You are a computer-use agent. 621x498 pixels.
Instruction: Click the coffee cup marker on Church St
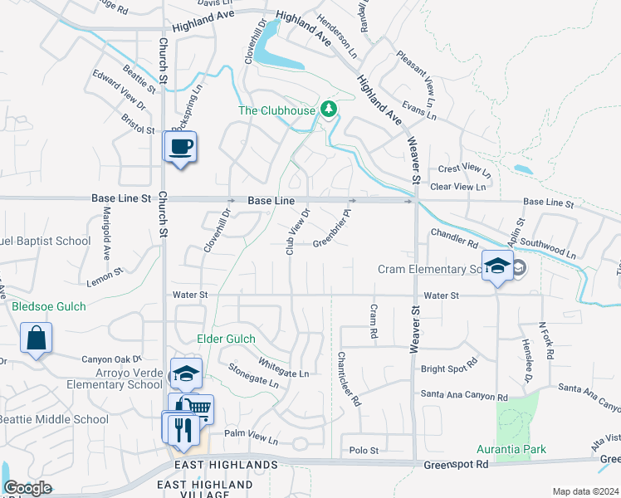(179, 148)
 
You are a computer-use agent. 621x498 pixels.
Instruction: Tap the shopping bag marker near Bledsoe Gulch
(36, 338)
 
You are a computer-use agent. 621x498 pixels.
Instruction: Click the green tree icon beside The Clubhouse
(330, 109)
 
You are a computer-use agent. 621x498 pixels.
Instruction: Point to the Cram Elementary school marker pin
(497, 266)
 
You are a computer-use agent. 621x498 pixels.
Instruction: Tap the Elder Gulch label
(227, 339)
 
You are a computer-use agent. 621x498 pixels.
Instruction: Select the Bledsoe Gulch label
(49, 307)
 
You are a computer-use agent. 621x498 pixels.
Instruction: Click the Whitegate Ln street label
(283, 368)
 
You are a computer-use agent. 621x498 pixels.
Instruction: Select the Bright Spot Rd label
(450, 364)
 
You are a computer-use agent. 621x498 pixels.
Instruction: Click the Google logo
(27, 488)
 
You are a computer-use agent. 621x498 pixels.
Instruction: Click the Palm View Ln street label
(251, 436)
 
